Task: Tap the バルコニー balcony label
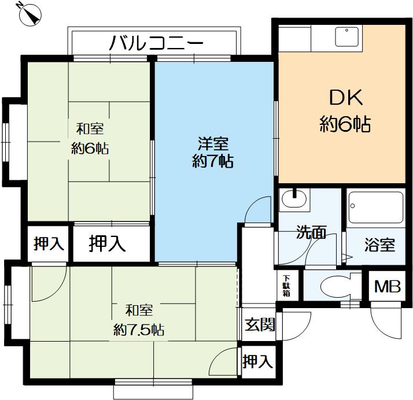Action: (156, 43)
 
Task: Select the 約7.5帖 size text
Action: (139, 330)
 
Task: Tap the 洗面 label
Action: (312, 233)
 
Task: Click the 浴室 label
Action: (380, 245)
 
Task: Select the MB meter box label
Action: (387, 286)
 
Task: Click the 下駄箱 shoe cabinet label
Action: (287, 285)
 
